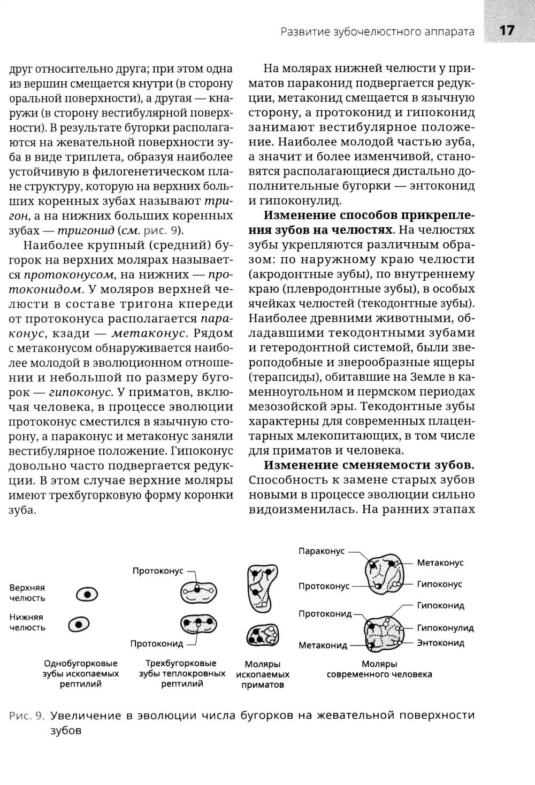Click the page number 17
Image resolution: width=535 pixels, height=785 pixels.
[x=506, y=31]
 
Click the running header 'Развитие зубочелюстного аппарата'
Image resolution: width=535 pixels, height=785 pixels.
[x=378, y=32]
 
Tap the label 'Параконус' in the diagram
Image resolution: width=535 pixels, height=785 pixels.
[x=322, y=551]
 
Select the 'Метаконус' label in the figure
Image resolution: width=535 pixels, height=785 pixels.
[x=440, y=563]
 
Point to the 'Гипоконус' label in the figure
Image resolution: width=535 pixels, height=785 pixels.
[x=439, y=584]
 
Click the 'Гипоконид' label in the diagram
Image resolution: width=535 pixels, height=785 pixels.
[x=440, y=605]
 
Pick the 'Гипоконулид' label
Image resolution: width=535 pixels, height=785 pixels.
[x=445, y=628]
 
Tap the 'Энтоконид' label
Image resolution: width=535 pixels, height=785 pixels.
[x=440, y=643]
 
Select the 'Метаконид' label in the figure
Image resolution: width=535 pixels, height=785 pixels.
[x=323, y=645]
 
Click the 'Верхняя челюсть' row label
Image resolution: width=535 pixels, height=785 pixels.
[x=27, y=592]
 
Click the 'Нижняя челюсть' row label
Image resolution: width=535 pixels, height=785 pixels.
[x=27, y=622]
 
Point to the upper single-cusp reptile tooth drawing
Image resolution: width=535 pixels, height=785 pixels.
[x=88, y=594]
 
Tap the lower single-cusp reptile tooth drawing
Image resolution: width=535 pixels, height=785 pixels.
[x=79, y=624]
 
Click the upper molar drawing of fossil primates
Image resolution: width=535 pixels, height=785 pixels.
[x=261, y=587]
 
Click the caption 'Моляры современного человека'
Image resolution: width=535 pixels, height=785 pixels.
[x=379, y=669]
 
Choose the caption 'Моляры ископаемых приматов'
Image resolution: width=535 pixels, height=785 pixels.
[x=262, y=674]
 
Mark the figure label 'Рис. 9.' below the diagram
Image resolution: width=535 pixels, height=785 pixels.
[x=27, y=715]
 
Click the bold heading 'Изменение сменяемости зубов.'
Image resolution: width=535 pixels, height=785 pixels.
[x=369, y=465]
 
